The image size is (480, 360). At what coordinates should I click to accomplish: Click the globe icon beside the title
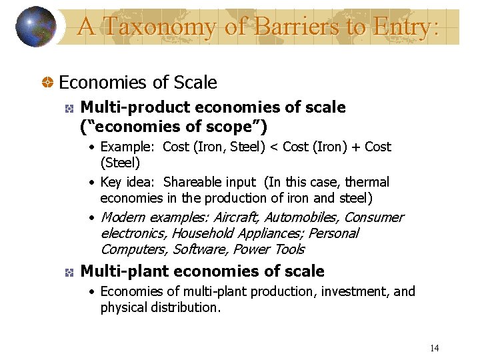click(35, 27)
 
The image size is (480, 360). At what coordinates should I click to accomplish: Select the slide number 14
click(434, 348)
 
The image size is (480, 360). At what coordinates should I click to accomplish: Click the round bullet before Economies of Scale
click(48, 83)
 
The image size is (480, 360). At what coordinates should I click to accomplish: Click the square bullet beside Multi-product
click(68, 108)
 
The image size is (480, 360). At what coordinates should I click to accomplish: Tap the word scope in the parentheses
click(237, 126)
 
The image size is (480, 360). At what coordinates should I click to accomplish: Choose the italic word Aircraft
click(236, 217)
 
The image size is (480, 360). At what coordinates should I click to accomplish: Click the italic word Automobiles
click(302, 217)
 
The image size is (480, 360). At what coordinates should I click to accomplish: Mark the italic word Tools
click(289, 249)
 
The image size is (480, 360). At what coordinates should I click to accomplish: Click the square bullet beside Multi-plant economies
click(68, 272)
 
